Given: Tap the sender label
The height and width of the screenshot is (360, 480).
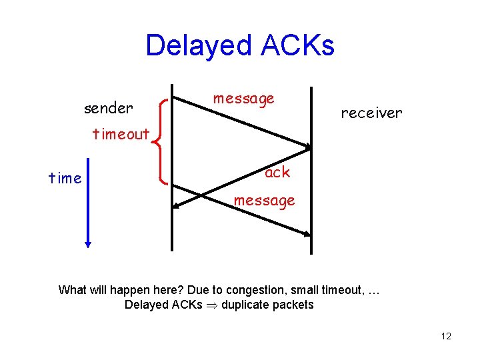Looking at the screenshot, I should (108, 107).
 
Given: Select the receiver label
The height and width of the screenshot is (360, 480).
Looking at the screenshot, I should (371, 113).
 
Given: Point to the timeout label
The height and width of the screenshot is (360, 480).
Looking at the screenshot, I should (121, 134).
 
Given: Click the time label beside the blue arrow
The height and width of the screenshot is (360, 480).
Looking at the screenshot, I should (65, 178).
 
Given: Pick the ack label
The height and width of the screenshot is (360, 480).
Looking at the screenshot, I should (277, 172).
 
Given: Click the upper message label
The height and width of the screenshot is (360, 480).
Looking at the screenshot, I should (243, 99).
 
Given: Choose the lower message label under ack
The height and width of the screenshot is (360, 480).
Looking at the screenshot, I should (264, 200).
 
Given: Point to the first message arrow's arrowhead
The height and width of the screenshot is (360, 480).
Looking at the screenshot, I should (308, 147).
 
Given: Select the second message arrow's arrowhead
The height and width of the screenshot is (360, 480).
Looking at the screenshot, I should (307, 234).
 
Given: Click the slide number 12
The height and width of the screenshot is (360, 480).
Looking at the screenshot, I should (446, 336).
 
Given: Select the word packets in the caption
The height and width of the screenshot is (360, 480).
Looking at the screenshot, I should (291, 305).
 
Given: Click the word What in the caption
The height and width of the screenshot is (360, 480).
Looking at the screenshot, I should (72, 290).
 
